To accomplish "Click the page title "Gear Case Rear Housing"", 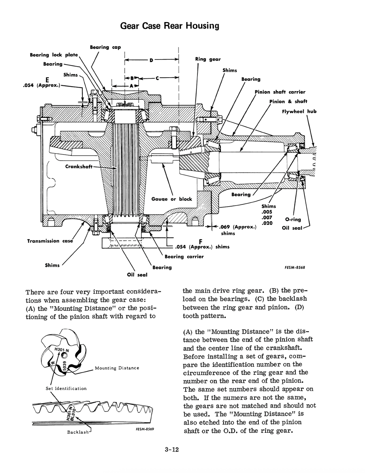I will click(169, 26).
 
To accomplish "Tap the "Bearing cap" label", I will click(105, 47).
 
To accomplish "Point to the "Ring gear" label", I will click(208, 59).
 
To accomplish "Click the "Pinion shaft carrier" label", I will click(280, 92).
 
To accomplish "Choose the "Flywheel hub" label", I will click(299, 111).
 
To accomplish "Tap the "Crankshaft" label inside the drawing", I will click(79, 166).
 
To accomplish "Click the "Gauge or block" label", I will click(171, 199).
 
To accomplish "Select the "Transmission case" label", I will click(50, 241).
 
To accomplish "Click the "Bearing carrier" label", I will click(184, 256).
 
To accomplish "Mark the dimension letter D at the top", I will click(151, 60).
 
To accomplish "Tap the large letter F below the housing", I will click(195, 240).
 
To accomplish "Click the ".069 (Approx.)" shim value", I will click(238, 227).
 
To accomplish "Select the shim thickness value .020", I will click(267, 223).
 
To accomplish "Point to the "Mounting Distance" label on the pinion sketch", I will click(117, 368).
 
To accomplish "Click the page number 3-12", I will click(171, 449).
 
